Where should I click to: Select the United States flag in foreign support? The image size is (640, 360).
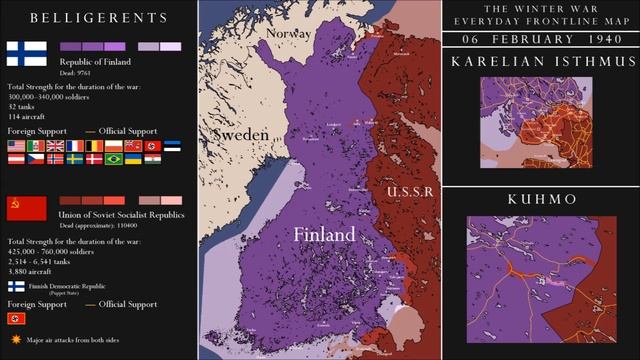[x=16, y=146]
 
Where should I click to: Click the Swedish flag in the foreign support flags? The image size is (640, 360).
[x=74, y=159]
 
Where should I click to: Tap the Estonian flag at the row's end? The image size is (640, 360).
[x=172, y=146]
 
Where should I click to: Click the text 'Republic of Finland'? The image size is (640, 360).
[x=96, y=62]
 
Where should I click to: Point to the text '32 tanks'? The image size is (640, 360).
[x=24, y=105]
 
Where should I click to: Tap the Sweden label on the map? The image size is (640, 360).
[x=243, y=134]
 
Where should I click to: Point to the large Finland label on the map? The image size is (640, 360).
[x=323, y=234]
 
